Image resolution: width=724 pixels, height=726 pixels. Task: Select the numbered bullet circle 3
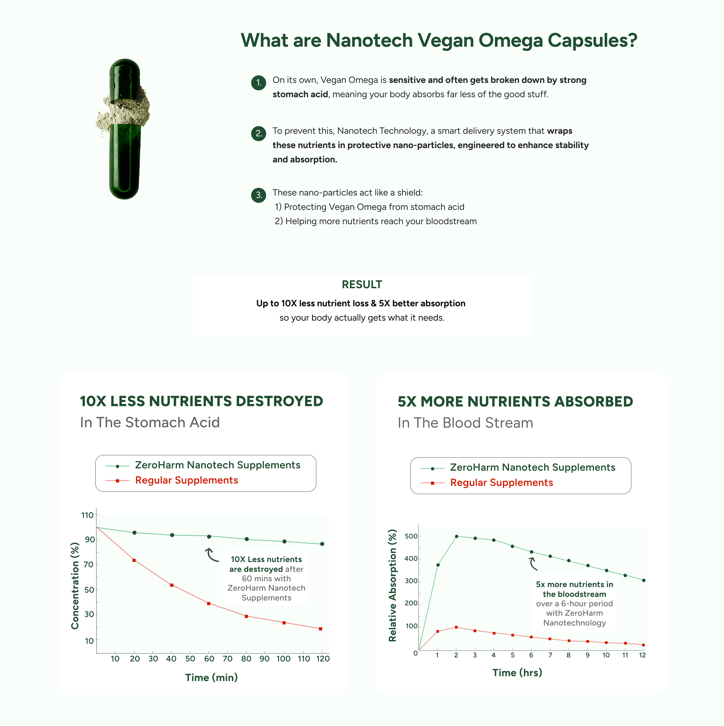tap(258, 195)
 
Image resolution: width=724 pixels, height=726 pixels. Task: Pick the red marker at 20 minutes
tap(134, 560)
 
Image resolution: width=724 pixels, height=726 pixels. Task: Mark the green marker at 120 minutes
tap(322, 544)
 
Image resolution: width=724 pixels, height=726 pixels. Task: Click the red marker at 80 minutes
tap(246, 616)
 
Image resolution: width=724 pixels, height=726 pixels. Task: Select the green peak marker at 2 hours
tap(457, 536)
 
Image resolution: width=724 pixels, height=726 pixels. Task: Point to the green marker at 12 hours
tap(643, 580)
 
